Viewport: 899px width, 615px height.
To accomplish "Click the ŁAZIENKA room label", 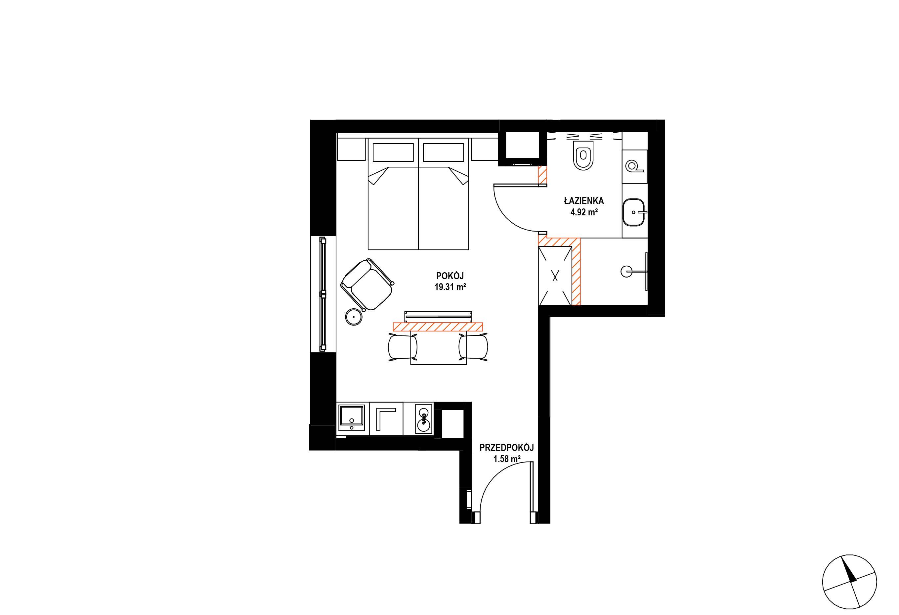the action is [x=584, y=201].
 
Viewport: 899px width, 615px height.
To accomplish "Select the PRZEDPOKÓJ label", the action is [x=507, y=448].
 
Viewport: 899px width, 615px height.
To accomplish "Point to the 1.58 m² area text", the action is [x=507, y=459].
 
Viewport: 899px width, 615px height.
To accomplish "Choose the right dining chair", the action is [x=473, y=347].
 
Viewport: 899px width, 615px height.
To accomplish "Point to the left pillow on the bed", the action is [x=392, y=153].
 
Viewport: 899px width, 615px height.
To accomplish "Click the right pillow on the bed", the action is [x=443, y=153].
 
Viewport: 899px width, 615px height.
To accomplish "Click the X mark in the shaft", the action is [x=555, y=275].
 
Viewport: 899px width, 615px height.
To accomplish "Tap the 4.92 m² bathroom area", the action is [x=584, y=212].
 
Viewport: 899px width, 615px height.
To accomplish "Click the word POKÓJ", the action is [x=450, y=276].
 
